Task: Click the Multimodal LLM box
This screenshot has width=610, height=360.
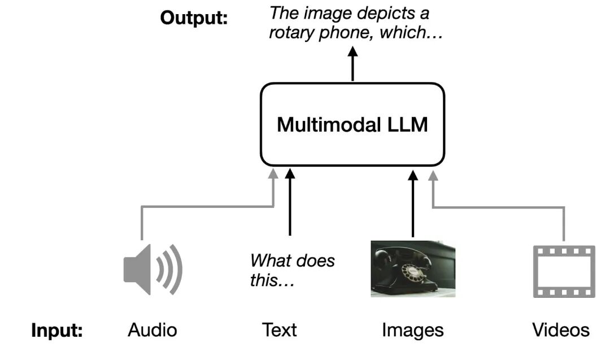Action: tap(352, 124)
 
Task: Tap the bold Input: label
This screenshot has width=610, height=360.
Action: tap(57, 331)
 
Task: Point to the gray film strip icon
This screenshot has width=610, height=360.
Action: tap(564, 271)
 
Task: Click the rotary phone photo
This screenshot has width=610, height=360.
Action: tap(413, 268)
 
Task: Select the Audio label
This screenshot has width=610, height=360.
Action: tap(152, 330)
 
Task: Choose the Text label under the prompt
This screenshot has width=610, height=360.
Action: tap(279, 330)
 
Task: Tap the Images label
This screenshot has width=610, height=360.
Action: tap(412, 330)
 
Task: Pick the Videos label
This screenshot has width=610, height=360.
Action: tap(561, 330)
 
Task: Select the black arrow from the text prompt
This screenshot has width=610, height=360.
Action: tap(290, 203)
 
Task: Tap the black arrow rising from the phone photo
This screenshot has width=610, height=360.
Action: tap(413, 203)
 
